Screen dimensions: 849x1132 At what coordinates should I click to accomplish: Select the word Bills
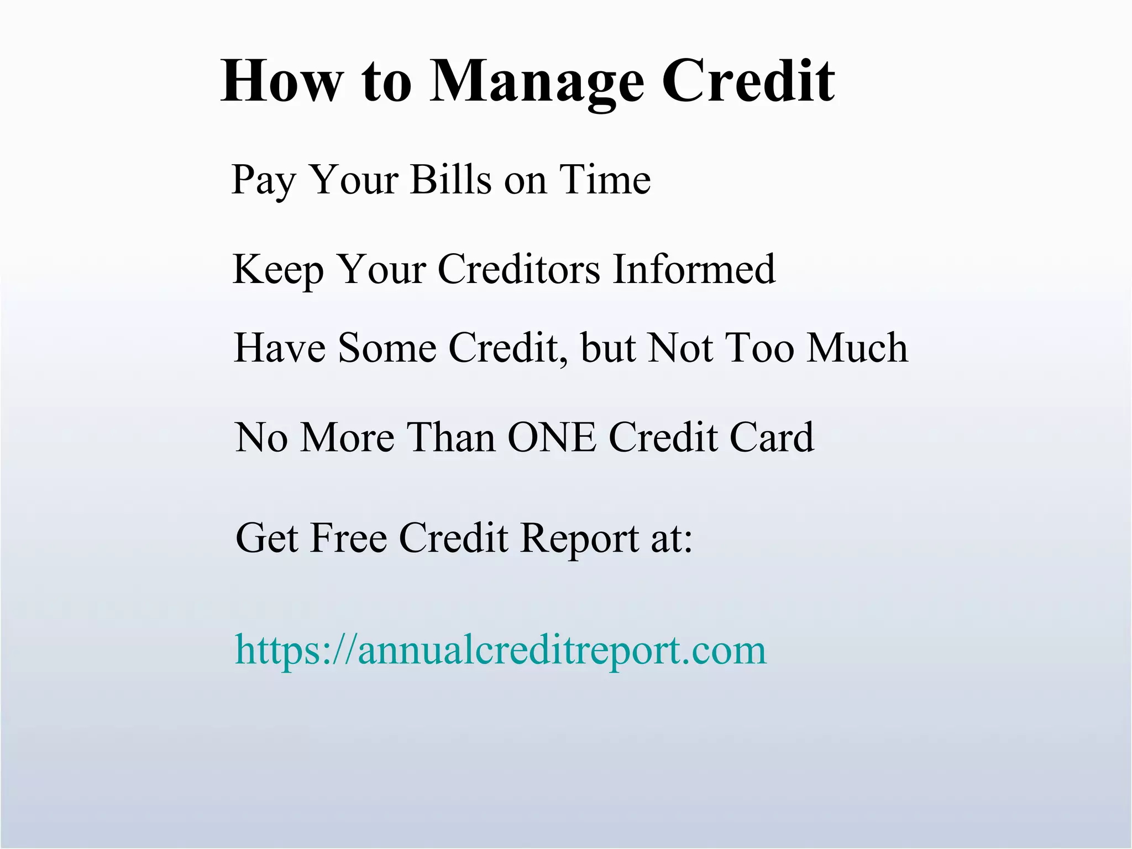pos(450,180)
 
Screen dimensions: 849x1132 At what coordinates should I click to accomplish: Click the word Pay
pos(263,180)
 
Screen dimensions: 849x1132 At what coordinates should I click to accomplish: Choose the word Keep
pos(278,269)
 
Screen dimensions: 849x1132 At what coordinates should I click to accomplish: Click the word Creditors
pos(519,269)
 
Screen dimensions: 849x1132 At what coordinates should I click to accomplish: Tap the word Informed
pos(694,269)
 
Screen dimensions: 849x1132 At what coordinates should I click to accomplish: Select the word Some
pos(387,348)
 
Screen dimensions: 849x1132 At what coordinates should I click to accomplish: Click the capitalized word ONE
pos(552,437)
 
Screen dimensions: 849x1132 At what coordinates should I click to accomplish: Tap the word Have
pos(280,348)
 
